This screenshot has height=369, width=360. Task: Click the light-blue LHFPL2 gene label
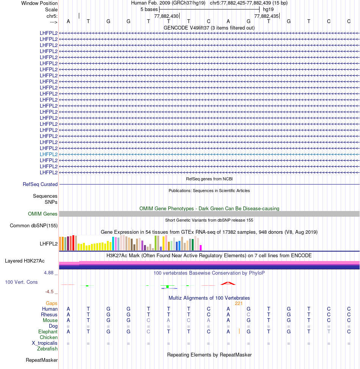point(49,154)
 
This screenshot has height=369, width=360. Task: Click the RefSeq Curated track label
point(40,184)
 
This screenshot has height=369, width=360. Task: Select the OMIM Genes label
point(43,214)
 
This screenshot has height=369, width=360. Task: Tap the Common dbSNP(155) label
point(34,226)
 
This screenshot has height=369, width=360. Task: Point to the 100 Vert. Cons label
point(21,282)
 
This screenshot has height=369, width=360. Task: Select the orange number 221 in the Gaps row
point(239,303)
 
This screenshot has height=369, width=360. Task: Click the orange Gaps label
point(52,303)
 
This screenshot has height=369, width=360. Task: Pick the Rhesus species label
point(49,315)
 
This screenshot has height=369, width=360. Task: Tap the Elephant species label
point(48,332)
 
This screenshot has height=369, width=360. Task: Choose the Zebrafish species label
point(47,349)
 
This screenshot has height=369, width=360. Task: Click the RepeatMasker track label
point(42,360)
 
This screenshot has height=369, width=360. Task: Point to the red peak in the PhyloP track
point(228,283)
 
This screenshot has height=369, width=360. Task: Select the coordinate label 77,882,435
point(266,16)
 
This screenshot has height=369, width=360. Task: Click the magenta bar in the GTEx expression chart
point(201,248)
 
